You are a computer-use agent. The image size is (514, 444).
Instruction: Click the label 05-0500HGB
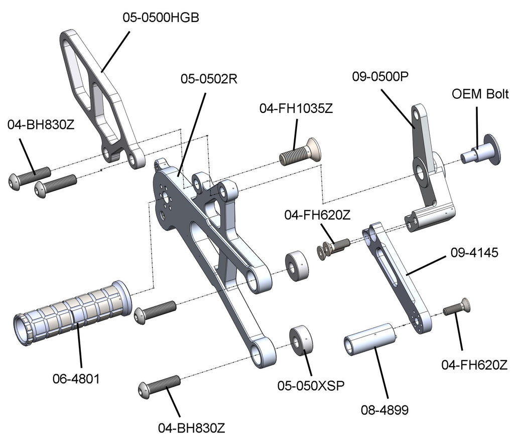tap(161, 18)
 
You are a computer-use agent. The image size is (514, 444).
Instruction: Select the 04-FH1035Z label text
tap(296, 108)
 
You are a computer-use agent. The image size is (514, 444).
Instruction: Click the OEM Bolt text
tap(480, 94)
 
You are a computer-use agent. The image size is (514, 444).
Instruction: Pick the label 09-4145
tap(474, 253)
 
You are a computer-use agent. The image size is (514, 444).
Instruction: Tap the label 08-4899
tap(384, 409)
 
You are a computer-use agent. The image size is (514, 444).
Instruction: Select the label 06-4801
tap(76, 379)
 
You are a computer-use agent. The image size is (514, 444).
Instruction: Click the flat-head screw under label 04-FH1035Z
tap(300, 153)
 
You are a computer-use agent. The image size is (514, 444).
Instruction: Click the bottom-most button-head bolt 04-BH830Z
tap(159, 386)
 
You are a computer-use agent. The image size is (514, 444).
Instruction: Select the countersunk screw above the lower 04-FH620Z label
tap(457, 308)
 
